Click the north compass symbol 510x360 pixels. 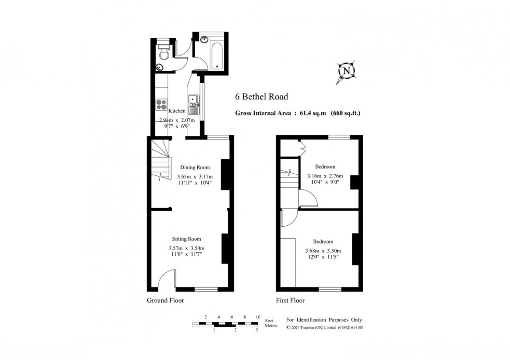[347, 71]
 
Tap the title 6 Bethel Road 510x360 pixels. [261, 97]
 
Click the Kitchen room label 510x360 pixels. [177, 111]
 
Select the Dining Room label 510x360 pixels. [195, 168]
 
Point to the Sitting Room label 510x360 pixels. [186, 239]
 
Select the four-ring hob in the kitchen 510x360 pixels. [161, 105]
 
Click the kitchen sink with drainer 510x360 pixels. [193, 105]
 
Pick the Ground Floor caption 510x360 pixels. [165, 301]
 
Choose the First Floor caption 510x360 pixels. [290, 301]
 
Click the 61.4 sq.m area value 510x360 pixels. [313, 113]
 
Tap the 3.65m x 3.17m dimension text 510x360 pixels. [195, 177]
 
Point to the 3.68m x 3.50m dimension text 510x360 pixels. [323, 251]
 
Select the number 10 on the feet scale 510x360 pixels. [258, 317]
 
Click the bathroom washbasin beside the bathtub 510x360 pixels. [204, 40]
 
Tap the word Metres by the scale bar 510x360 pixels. [271, 326]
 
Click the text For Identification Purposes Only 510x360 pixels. [325, 320]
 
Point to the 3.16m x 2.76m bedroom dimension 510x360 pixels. [325, 176]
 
